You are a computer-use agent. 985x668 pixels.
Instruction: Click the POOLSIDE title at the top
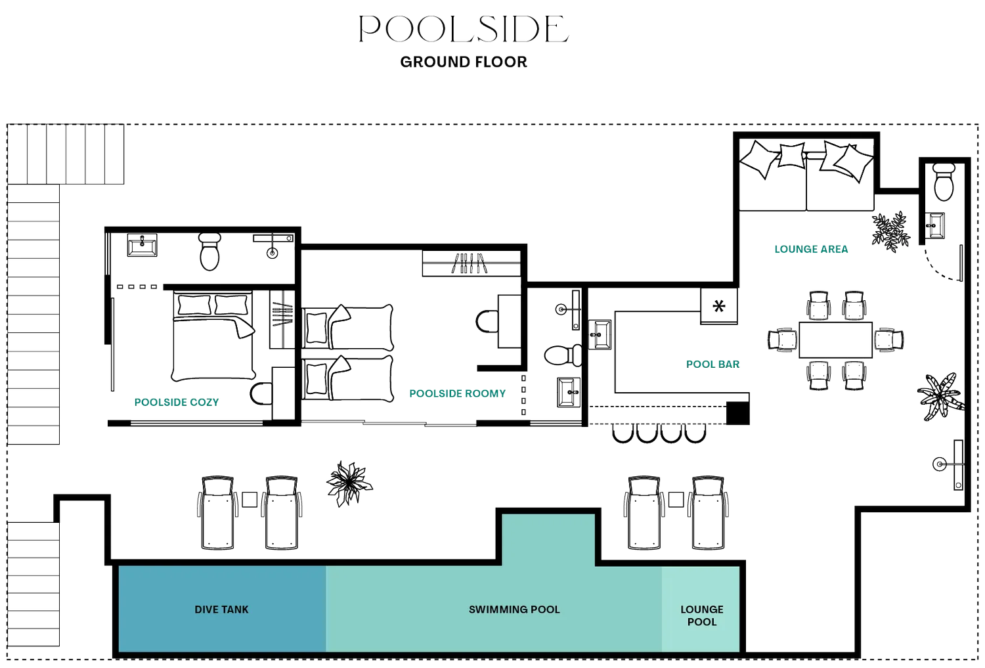pos(464,30)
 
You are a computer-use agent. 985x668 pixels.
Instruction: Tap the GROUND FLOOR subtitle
pos(464,62)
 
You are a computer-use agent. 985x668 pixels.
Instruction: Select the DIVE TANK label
pos(221,610)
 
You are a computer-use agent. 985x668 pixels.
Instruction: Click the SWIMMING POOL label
pos(514,610)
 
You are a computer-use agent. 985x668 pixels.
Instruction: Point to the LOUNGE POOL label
pos(701,615)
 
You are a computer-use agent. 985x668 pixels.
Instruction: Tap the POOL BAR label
pos(712,364)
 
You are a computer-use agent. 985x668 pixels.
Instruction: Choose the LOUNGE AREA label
pos(811,249)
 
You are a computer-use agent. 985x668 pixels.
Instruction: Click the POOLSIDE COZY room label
pos(177,402)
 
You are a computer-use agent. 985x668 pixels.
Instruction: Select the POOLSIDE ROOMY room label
pos(458,393)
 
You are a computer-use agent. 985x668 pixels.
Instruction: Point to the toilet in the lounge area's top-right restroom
pos(944,182)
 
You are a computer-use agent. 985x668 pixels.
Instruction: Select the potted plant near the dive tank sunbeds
pos(349,483)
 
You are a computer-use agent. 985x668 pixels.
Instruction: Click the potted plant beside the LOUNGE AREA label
pos(890,231)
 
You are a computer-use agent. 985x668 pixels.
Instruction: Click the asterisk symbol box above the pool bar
pos(720,306)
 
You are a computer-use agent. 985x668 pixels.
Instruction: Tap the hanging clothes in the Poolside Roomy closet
pos(470,264)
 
